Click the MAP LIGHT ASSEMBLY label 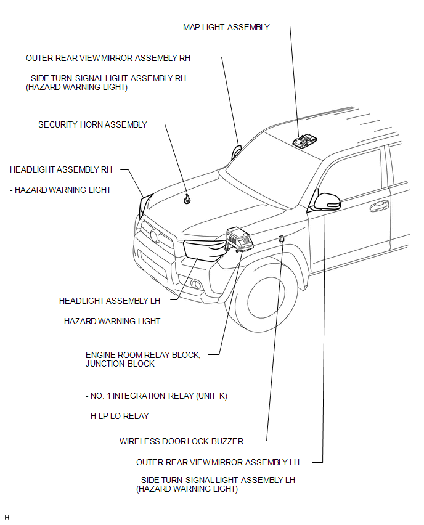point(226,27)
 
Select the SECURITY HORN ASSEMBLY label point(92,124)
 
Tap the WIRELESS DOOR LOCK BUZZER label point(181,441)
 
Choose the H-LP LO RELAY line point(117,416)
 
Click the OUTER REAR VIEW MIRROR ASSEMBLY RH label point(108,58)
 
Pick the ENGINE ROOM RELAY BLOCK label point(143,356)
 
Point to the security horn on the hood point(187,198)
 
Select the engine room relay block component point(240,240)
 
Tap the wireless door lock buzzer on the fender point(280,238)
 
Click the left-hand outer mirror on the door point(327,200)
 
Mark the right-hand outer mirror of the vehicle point(236,152)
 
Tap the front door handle point(379,206)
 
